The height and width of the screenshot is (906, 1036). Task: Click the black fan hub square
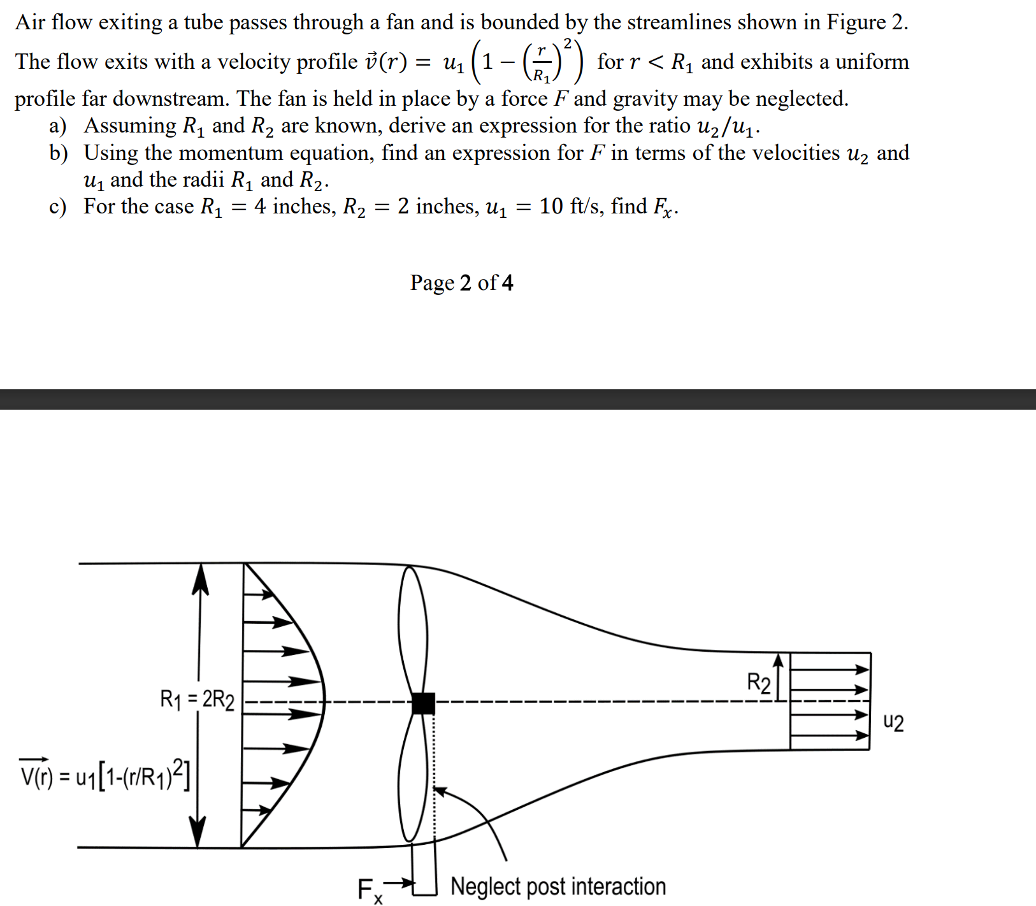[x=423, y=703]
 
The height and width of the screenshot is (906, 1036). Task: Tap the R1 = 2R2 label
[x=197, y=700]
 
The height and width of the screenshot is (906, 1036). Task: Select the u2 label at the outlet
[x=893, y=723]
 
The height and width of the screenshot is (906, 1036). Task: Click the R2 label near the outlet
[x=758, y=683]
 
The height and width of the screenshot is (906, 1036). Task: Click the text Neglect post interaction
[x=558, y=886]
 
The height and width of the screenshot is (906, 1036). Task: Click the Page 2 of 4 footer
[x=461, y=282]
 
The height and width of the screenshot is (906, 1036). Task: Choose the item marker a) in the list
[x=58, y=126]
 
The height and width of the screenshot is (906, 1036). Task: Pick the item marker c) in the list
[x=58, y=206]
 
